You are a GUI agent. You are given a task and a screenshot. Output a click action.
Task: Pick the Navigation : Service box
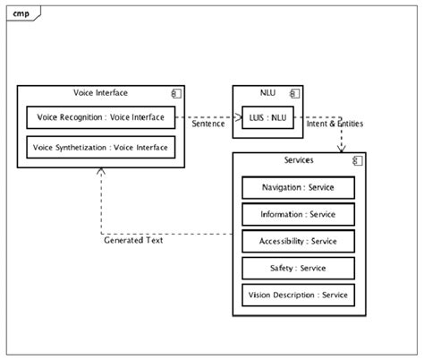point(298,187)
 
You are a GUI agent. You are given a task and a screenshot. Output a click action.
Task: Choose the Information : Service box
point(298,215)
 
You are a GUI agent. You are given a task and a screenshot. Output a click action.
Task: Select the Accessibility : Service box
point(298,242)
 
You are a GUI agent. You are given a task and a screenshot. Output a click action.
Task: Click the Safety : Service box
point(298,269)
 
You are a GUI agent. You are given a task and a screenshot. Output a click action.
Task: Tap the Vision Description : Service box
point(298,296)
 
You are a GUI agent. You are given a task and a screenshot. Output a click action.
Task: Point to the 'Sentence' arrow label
point(208,124)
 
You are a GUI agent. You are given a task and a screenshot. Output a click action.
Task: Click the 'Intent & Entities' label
point(335,124)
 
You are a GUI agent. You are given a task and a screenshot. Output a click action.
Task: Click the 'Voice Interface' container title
point(100,93)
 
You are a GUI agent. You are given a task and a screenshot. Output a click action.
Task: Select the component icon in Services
point(355,161)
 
